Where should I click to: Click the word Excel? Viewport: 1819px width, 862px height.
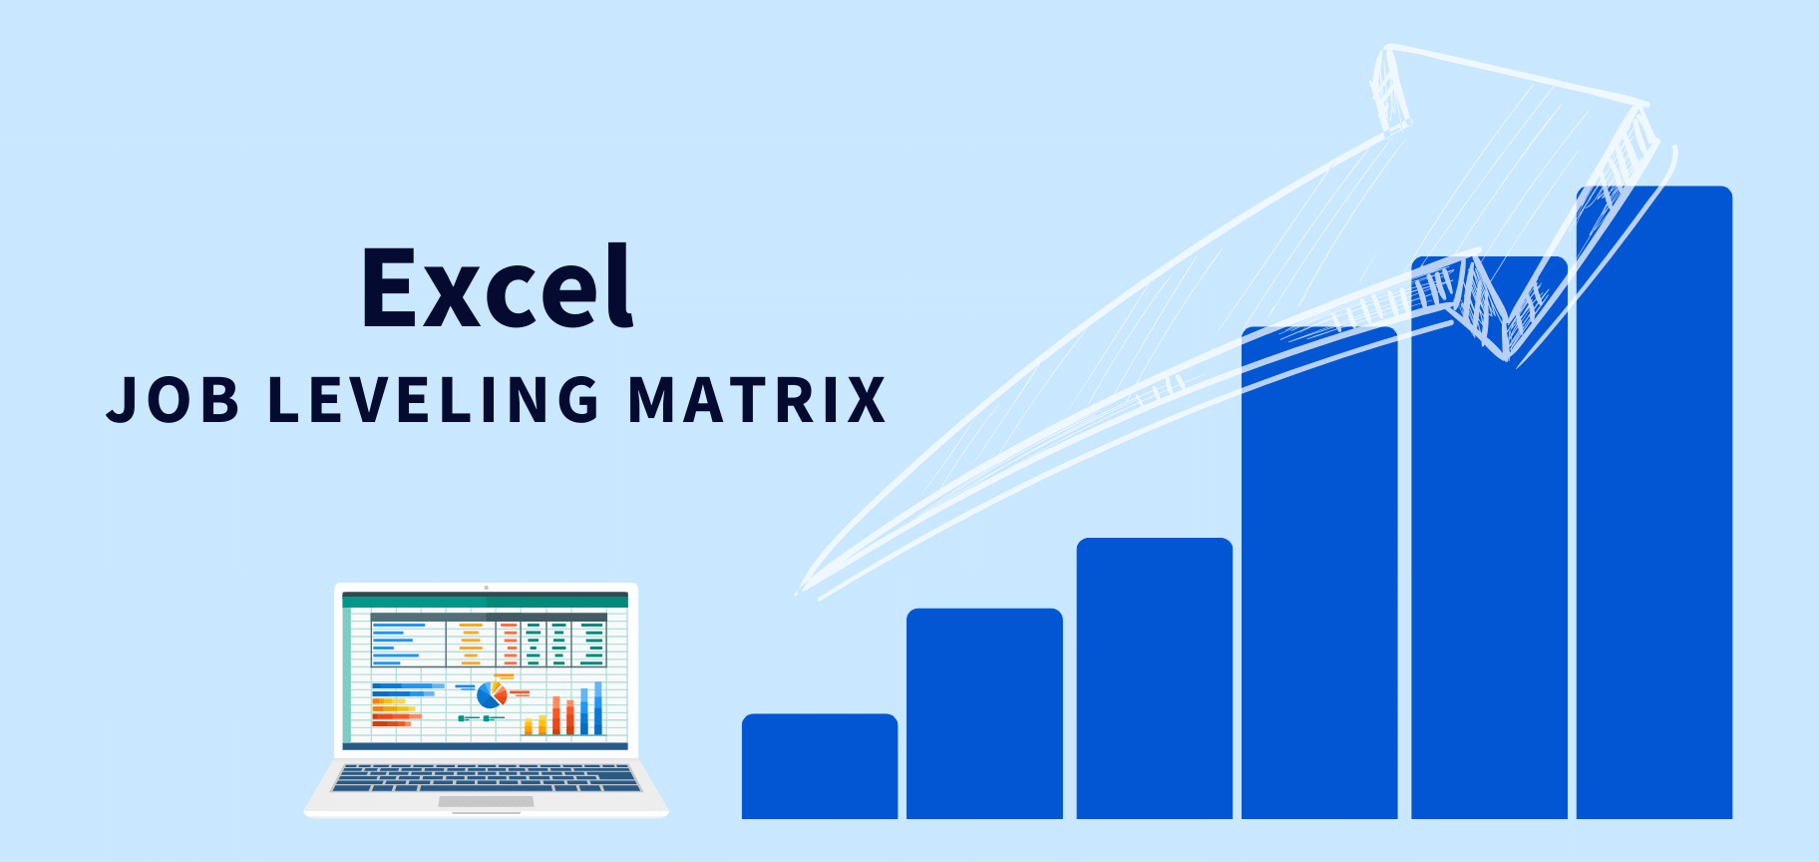(x=497, y=287)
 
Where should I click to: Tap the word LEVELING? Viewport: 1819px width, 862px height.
(x=434, y=399)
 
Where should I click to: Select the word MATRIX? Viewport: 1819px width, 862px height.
(x=757, y=399)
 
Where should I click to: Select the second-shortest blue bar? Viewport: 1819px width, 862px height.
(x=984, y=713)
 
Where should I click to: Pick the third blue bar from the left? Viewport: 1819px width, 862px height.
(x=1155, y=678)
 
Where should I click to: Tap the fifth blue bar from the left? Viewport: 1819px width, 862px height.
(x=1489, y=559)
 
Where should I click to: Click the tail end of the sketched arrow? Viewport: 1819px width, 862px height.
(x=804, y=589)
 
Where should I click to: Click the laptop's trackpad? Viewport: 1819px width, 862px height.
(x=486, y=801)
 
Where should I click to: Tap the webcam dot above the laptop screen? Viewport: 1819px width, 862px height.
(x=486, y=588)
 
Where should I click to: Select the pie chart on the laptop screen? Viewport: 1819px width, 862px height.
(x=491, y=694)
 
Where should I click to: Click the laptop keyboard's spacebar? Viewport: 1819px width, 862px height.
(x=486, y=787)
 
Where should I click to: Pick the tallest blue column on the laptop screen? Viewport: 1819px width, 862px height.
(x=598, y=708)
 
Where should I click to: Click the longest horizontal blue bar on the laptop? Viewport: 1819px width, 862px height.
(x=408, y=686)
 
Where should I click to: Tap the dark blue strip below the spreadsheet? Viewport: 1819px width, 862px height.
(x=486, y=745)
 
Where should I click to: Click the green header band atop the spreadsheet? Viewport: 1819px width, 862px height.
(x=486, y=601)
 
